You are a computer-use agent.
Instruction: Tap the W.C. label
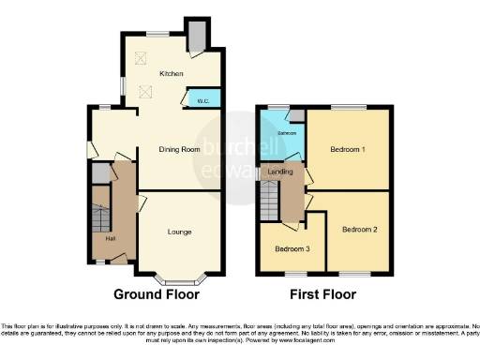203,98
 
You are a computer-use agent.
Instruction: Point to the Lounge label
180,232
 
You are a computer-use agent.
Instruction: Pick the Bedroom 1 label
347,150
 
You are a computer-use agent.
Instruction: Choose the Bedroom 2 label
359,230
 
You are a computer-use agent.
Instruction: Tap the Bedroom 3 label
292,249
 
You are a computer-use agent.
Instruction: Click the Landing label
280,172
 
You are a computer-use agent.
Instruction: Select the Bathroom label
286,133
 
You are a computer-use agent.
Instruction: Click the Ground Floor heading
157,294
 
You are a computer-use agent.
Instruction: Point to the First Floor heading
322,294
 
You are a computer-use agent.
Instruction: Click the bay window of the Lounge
177,277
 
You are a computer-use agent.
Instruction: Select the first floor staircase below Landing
271,200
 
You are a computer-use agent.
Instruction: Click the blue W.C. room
204,97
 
